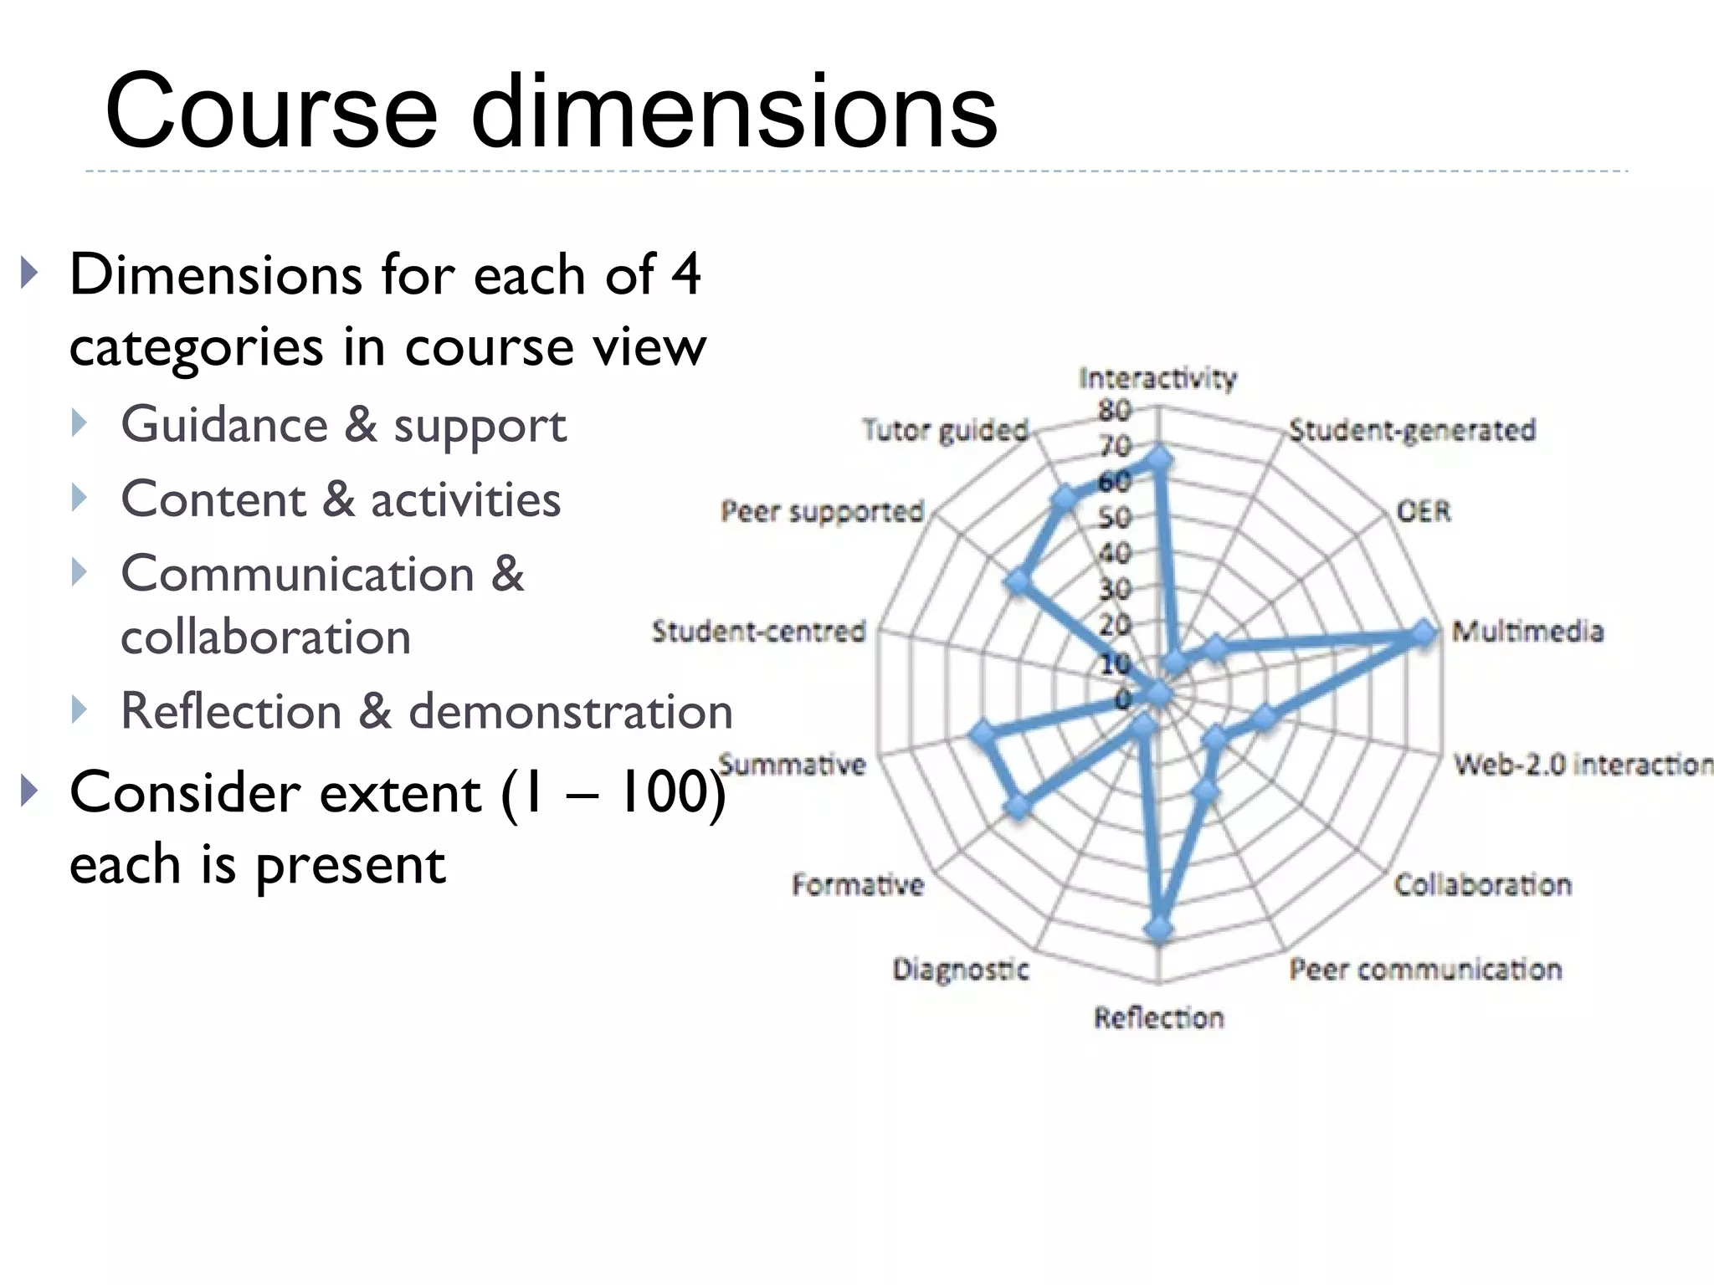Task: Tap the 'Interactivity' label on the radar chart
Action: click(x=1157, y=379)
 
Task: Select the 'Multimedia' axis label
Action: click(x=1527, y=631)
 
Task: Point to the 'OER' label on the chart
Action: click(x=1423, y=510)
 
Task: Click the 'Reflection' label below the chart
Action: click(x=1158, y=1017)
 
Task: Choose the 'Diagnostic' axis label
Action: click(x=961, y=970)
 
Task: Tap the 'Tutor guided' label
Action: click(x=945, y=430)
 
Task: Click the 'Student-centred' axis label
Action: click(x=758, y=631)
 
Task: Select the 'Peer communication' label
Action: click(x=1425, y=970)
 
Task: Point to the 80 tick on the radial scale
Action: click(x=1115, y=410)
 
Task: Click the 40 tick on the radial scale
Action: click(x=1115, y=553)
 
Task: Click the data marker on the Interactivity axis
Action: click(x=1159, y=459)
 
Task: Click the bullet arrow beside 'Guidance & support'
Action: click(x=80, y=423)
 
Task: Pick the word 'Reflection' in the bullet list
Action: click(x=231, y=712)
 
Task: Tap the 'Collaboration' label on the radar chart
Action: click(x=1482, y=884)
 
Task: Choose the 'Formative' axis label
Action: click(x=858, y=884)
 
